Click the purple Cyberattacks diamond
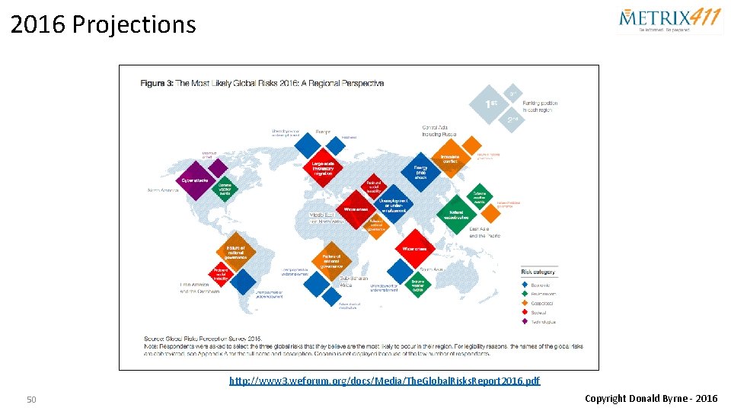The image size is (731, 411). (197, 182)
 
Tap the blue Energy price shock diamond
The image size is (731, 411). (420, 171)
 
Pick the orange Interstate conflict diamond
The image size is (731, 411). (449, 158)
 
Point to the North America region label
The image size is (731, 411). (163, 190)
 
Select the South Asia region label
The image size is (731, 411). (431, 269)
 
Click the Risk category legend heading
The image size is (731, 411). (538, 272)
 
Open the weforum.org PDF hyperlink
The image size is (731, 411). (385, 380)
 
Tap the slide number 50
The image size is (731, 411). (31, 400)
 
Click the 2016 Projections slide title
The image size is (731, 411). (104, 24)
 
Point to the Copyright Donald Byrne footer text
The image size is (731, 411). (650, 398)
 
